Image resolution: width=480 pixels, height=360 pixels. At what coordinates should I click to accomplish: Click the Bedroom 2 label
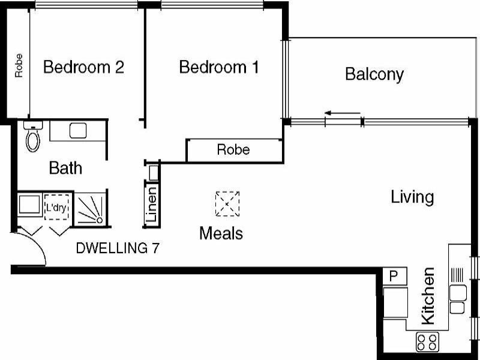(83, 67)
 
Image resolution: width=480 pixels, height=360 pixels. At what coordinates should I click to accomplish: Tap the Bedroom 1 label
(219, 67)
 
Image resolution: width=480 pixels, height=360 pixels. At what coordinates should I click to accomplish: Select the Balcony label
(374, 74)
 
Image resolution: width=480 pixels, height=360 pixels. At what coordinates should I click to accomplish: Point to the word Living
(412, 197)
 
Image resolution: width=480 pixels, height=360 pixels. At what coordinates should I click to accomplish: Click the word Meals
(221, 233)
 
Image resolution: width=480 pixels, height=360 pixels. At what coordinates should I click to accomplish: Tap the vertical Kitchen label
(428, 296)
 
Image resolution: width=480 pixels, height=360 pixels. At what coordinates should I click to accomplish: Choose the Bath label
(65, 168)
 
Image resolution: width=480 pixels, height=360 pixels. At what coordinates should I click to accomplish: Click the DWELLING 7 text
(118, 248)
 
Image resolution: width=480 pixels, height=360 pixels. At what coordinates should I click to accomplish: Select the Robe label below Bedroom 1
(233, 149)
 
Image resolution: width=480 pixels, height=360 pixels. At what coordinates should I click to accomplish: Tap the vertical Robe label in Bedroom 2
(19, 66)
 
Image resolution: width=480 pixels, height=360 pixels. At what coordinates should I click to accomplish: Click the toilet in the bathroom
(32, 139)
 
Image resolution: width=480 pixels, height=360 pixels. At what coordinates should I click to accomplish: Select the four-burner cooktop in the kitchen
(427, 343)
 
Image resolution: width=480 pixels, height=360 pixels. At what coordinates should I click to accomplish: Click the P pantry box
(394, 277)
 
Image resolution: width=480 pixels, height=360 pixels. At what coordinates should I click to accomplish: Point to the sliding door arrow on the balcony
(343, 113)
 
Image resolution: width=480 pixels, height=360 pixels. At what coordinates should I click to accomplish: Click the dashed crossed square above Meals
(227, 204)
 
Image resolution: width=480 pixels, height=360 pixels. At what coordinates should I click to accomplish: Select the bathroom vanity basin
(79, 130)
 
